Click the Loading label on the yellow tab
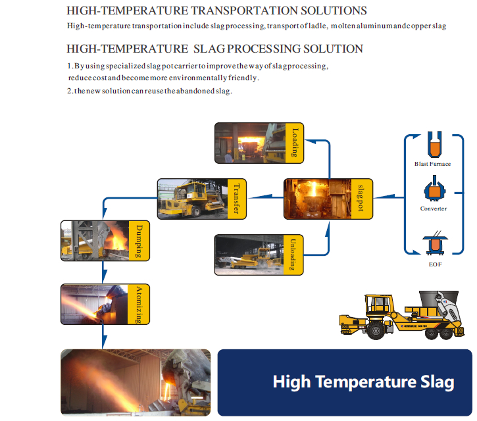(295, 143)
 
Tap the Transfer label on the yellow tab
(237, 199)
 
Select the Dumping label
(139, 241)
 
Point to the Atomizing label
(139, 305)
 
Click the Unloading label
(293, 255)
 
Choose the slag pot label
(361, 198)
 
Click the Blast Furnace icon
(434, 145)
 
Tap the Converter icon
(435, 188)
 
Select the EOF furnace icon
(435, 243)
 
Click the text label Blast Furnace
(432, 164)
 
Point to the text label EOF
(436, 264)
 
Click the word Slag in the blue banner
(438, 382)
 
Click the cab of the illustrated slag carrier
(379, 305)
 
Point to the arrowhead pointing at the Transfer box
(261, 197)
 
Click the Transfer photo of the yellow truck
(193, 199)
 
